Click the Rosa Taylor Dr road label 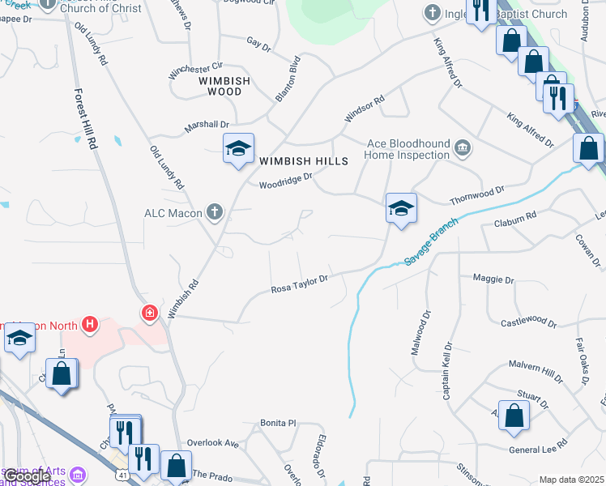(x=298, y=283)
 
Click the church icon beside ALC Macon (x=214, y=212)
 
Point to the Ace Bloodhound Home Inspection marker (x=462, y=147)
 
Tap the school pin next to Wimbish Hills (x=239, y=148)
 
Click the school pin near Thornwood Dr (x=401, y=208)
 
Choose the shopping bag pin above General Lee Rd (x=514, y=416)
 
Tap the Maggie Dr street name (x=493, y=279)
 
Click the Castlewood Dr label (x=528, y=322)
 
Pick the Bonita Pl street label (x=279, y=423)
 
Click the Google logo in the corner (x=27, y=476)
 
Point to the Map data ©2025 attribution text (x=571, y=480)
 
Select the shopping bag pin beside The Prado (x=176, y=466)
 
